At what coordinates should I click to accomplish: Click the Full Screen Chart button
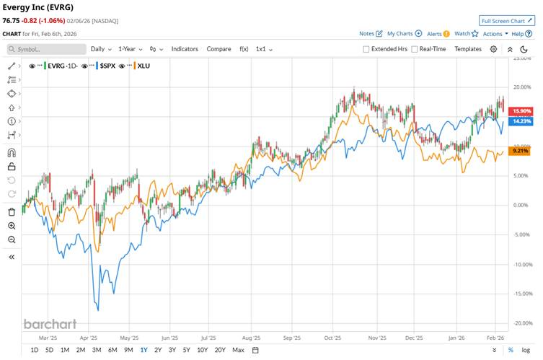(507, 21)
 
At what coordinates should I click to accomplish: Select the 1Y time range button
(144, 350)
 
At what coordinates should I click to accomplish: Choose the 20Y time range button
(219, 350)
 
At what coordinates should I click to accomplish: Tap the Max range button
(238, 350)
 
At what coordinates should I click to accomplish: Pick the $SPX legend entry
(107, 66)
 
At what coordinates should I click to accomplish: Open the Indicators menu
(185, 49)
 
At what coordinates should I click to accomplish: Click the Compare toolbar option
(218, 49)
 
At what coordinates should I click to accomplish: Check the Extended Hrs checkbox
(366, 49)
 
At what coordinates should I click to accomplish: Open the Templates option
(468, 49)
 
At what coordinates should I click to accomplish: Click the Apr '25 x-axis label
(87, 336)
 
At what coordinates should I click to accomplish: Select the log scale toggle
(526, 350)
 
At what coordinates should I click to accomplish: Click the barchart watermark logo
(50, 324)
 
